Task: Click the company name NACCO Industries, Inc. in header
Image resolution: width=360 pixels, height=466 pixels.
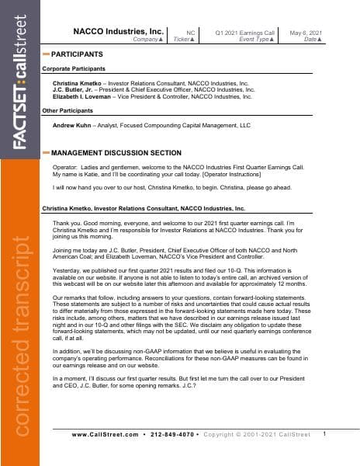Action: (x=118, y=32)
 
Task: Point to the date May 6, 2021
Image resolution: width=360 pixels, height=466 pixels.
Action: (x=305, y=32)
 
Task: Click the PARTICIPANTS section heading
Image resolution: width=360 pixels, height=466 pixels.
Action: (x=77, y=54)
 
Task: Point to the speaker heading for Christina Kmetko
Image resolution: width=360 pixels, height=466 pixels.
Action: (x=143, y=209)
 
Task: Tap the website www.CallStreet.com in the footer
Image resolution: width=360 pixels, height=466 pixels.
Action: (x=105, y=434)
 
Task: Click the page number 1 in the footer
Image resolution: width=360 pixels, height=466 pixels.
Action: (x=324, y=433)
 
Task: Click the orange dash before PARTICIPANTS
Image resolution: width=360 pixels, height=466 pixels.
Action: (x=46, y=54)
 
